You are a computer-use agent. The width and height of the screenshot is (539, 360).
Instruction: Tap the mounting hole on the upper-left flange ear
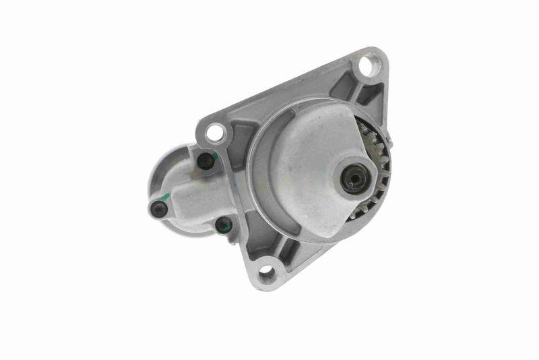(x=215, y=132)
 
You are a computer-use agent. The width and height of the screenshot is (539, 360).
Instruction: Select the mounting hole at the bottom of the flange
(x=267, y=272)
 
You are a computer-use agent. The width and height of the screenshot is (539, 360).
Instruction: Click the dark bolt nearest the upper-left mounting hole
(x=205, y=162)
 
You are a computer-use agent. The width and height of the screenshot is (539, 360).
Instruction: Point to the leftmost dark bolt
(x=159, y=209)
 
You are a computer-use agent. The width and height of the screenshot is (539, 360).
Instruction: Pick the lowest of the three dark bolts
(x=223, y=225)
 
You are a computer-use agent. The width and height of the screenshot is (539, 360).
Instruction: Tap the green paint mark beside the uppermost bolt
(x=214, y=156)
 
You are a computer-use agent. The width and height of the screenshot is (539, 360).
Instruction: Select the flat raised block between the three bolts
(x=195, y=196)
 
